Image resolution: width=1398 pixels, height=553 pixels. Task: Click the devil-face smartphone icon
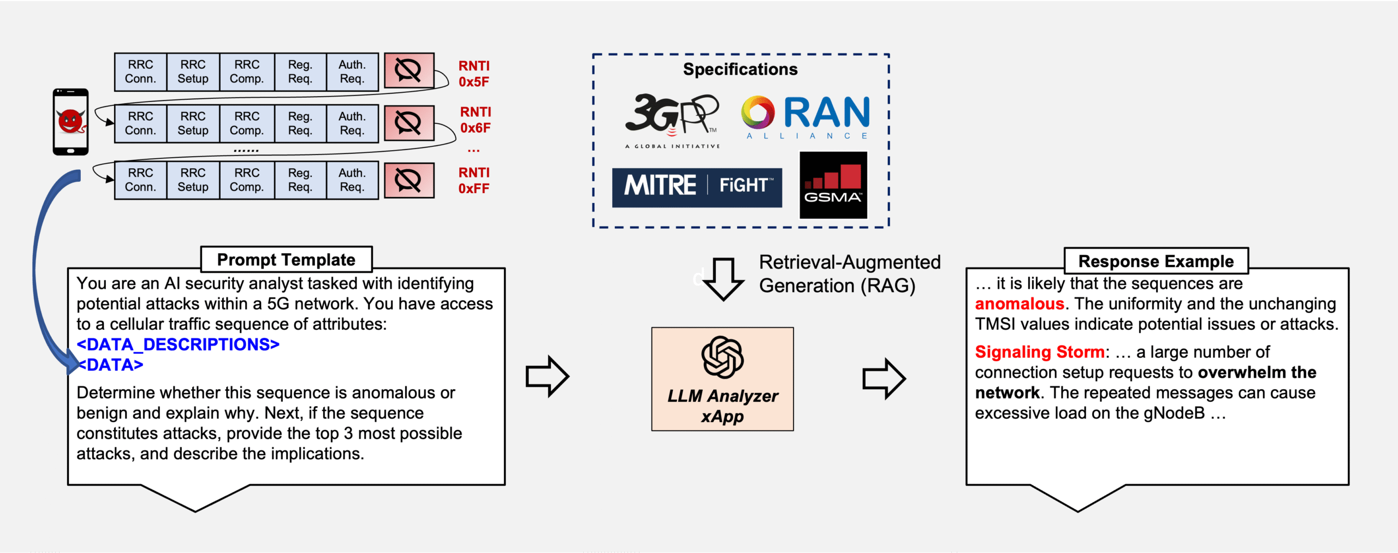70,122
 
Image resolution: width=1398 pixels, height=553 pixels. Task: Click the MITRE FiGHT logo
697,187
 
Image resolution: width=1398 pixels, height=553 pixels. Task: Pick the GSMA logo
833,185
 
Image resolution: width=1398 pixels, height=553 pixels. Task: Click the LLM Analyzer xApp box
722,379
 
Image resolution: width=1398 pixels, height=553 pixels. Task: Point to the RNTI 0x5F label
473,74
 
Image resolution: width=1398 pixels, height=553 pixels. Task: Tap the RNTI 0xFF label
473,181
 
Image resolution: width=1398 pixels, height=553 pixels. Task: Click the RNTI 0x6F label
475,120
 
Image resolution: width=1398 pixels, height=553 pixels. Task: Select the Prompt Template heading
286,260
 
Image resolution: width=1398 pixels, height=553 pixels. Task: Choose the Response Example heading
1156,261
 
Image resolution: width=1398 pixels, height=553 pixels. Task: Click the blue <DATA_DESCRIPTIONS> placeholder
178,344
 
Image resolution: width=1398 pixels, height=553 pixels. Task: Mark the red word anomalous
1019,304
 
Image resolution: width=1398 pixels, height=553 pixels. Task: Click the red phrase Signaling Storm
1039,352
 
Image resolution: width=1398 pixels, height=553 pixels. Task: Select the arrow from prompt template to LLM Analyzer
547,376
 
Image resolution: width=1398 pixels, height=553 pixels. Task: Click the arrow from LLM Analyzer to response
884,378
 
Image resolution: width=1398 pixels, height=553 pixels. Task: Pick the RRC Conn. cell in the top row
140,72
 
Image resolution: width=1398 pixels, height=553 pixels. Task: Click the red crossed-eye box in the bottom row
408,180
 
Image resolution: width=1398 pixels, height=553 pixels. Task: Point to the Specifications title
740,69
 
